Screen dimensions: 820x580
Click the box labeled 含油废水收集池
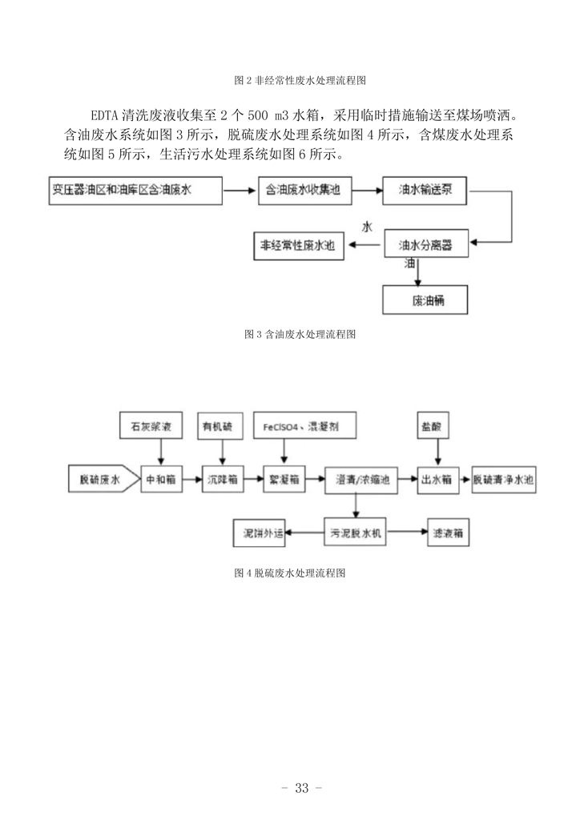point(302,191)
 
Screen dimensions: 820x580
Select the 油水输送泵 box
point(425,191)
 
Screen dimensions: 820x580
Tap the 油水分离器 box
point(425,245)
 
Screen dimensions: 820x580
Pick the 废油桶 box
point(424,301)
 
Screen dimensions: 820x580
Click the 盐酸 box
point(436,425)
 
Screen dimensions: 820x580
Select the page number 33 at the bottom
point(302,788)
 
